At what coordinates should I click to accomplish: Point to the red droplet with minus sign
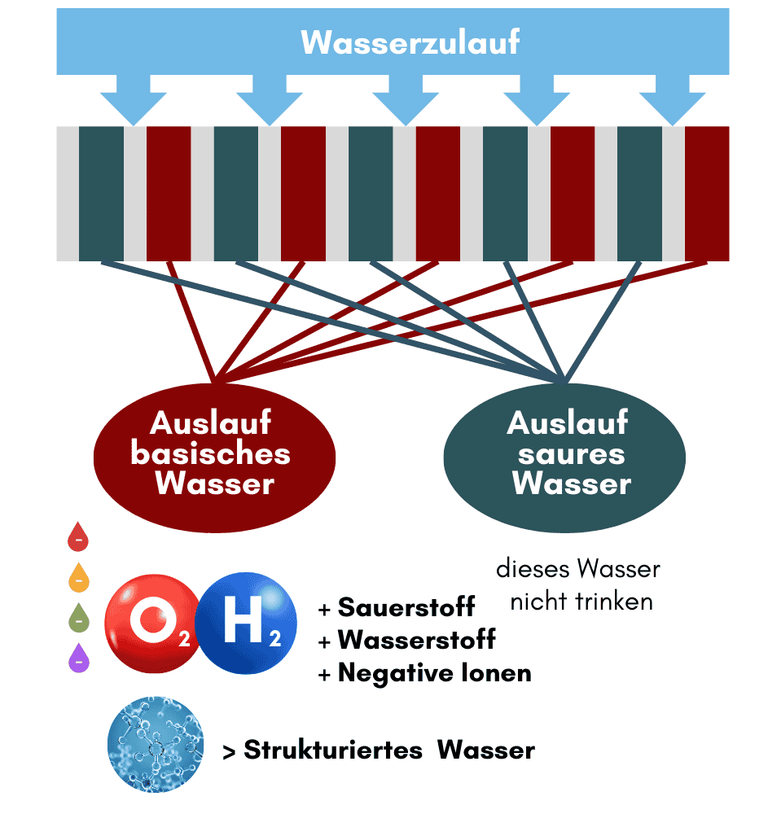(78, 538)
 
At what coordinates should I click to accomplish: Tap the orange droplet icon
(78, 578)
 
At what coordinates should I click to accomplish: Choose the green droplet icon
(78, 619)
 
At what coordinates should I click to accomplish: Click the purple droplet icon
(78, 659)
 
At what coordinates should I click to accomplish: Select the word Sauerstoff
(406, 607)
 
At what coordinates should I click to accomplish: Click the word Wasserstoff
(416, 640)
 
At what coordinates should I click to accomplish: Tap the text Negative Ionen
(434, 673)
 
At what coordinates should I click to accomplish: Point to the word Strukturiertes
(332, 750)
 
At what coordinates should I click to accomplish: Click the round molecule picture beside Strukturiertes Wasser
(156, 743)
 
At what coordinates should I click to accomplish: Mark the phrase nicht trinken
(581, 602)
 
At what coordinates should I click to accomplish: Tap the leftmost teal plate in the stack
(101, 194)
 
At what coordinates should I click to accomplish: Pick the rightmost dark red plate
(706, 194)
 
